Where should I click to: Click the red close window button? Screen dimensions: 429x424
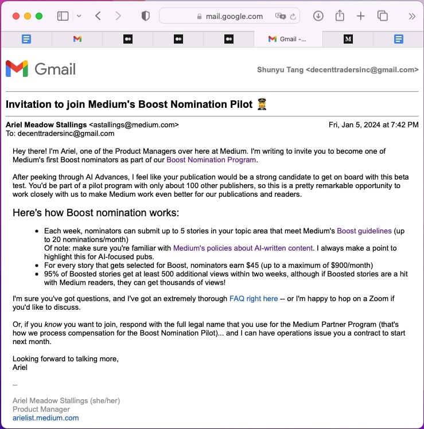[16, 16]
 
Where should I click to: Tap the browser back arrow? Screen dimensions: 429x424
[98, 16]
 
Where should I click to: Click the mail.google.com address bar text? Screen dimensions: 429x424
[234, 16]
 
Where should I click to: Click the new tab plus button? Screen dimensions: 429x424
[360, 16]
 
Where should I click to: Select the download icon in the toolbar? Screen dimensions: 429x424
[318, 16]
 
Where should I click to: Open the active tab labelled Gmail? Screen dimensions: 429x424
[287, 39]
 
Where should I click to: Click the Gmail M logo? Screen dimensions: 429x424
[17, 69]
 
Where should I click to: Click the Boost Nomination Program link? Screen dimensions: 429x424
[211, 160]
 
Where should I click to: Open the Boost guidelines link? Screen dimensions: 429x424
[364, 231]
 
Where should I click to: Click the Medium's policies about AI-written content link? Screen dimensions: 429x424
[243, 248]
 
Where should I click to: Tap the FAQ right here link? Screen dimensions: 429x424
[253, 298]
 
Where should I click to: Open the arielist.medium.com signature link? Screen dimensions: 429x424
[46, 418]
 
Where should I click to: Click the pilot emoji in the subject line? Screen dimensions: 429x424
[262, 104]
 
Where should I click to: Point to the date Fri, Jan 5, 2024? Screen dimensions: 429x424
[373, 124]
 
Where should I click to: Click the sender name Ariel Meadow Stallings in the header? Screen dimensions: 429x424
[46, 124]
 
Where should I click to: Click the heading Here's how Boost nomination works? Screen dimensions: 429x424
[96, 213]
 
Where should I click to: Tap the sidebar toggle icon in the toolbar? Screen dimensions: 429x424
[63, 16]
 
